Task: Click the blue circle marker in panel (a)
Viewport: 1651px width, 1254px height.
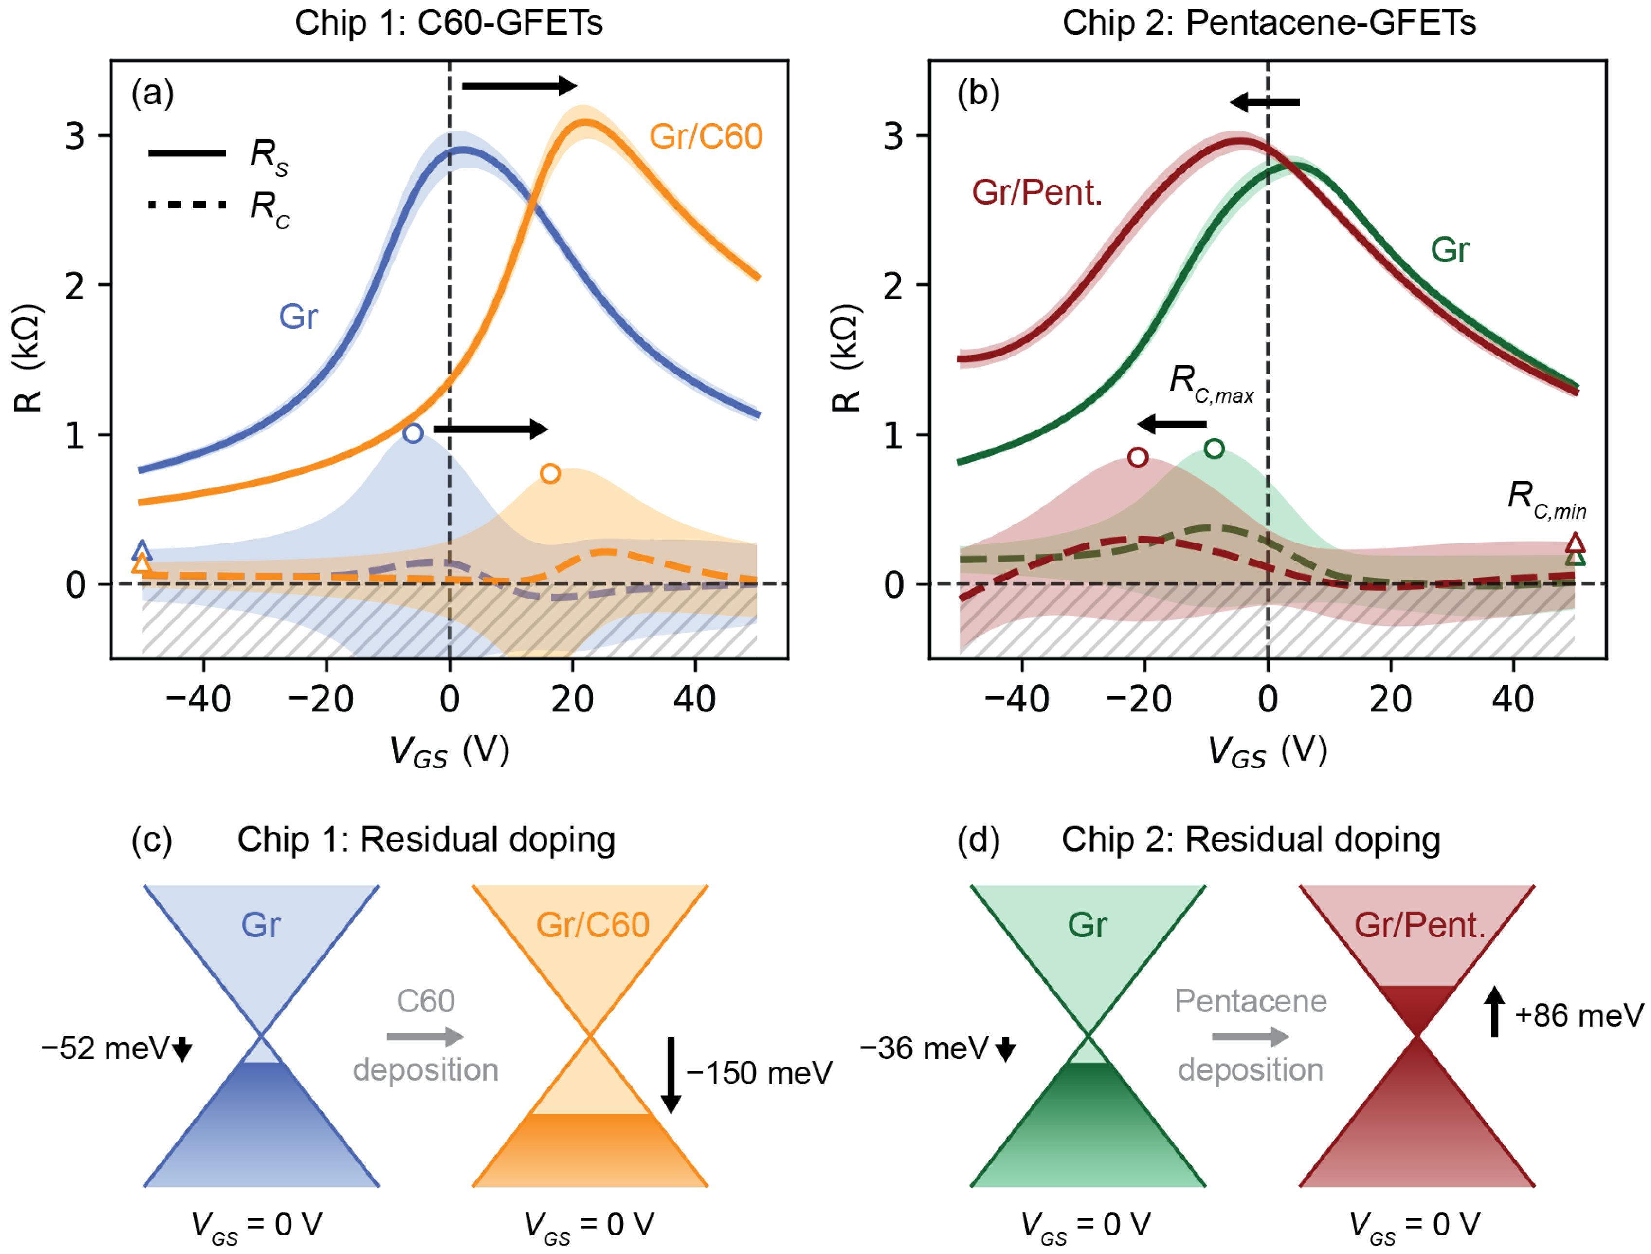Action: pyautogui.click(x=413, y=433)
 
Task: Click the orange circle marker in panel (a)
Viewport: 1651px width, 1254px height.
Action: pyautogui.click(x=550, y=473)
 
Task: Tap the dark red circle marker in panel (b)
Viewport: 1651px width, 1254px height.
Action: pyautogui.click(x=1138, y=457)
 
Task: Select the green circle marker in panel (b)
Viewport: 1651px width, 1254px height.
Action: pyautogui.click(x=1215, y=448)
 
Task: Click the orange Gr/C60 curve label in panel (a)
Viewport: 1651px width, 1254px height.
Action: pyautogui.click(x=706, y=137)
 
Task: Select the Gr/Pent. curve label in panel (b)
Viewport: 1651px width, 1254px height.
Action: pyautogui.click(x=1037, y=193)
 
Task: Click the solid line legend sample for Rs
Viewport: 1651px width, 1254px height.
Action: pyautogui.click(x=186, y=153)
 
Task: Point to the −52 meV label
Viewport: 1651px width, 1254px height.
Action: pyautogui.click(x=106, y=1048)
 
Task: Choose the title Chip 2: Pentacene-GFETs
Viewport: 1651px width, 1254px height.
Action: pyautogui.click(x=1269, y=22)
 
